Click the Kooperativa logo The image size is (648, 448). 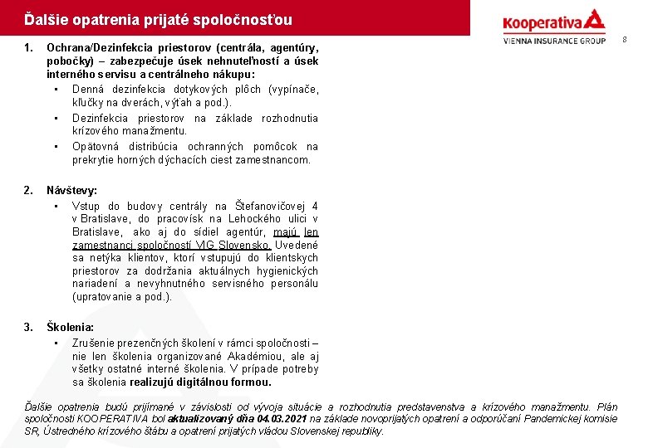coord(553,22)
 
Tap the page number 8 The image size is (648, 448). coord(625,39)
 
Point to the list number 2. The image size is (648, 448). coord(28,190)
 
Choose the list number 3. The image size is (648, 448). coord(28,328)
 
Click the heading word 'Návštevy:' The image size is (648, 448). coord(71,190)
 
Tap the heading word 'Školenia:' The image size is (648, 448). coord(70,328)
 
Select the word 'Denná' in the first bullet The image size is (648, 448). coord(87,89)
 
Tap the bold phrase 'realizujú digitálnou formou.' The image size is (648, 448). coord(200,382)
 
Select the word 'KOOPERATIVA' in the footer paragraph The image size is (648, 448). coord(100,419)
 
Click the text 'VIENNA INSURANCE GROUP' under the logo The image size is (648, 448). coord(554,40)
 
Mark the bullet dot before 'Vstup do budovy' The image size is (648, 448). coord(55,206)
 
